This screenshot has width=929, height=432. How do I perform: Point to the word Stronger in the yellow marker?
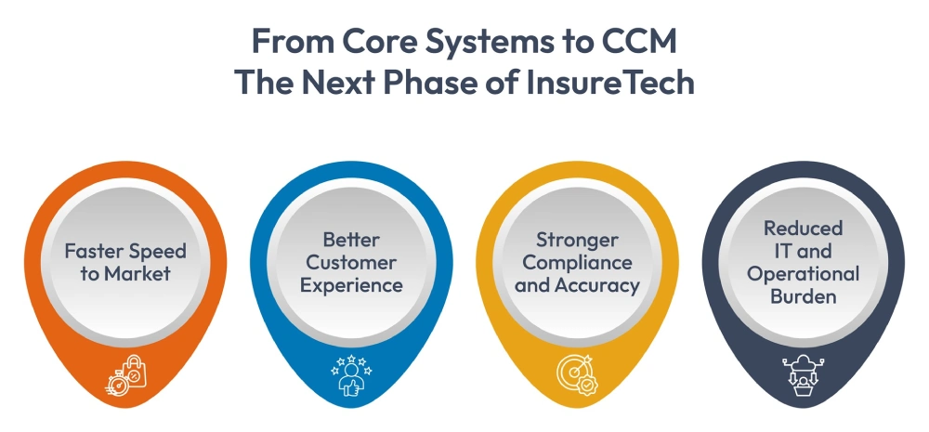click(577, 240)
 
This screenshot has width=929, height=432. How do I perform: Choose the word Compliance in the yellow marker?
click(577, 262)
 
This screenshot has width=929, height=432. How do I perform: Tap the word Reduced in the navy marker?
click(803, 229)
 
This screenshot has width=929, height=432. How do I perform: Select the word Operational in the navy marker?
click(803, 274)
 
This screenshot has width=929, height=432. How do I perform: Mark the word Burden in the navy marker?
click(803, 296)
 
